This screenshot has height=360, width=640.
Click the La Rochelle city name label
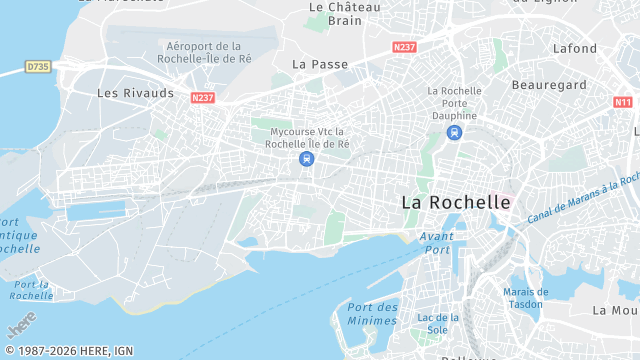click(x=456, y=202)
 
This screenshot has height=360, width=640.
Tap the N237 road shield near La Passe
click(x=405, y=47)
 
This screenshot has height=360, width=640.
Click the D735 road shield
click(x=38, y=67)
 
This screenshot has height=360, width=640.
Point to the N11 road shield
click(x=623, y=102)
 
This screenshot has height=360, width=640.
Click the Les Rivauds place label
click(x=135, y=93)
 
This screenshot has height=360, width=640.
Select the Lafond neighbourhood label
click(x=575, y=48)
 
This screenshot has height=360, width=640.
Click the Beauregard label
click(x=549, y=85)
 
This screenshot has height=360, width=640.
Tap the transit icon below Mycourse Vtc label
click(x=305, y=158)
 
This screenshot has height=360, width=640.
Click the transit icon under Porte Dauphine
click(x=455, y=132)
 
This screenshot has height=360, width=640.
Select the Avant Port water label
click(x=436, y=242)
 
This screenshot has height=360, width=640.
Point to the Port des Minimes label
click(x=372, y=313)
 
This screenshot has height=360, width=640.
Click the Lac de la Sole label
click(x=437, y=323)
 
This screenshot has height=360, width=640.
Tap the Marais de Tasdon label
click(x=524, y=297)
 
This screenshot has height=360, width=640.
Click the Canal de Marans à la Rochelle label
click(x=582, y=196)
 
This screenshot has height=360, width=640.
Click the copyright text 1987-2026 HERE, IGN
click(x=69, y=350)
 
